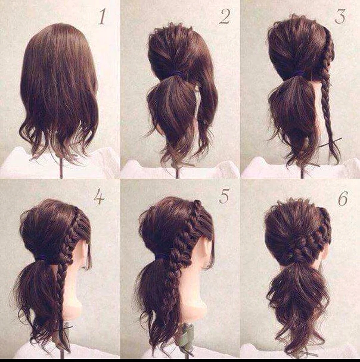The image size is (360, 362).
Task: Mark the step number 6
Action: (x=343, y=198)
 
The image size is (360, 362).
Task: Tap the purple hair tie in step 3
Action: (x=300, y=73)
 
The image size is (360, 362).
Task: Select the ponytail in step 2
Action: (x=172, y=113)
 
